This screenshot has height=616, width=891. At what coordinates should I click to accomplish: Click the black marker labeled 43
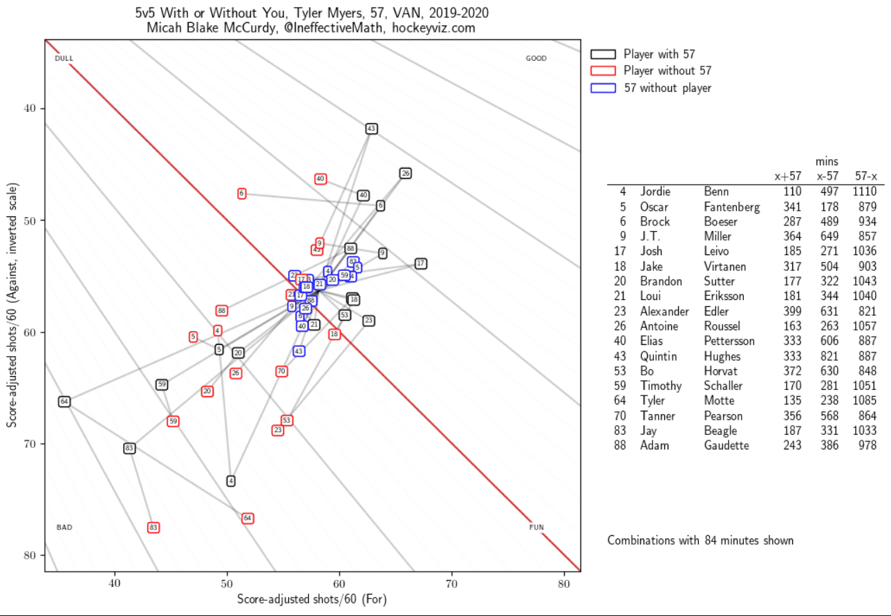coord(371,129)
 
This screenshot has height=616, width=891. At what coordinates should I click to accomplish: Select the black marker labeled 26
coord(406,174)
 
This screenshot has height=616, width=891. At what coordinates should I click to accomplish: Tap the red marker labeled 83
coord(153,528)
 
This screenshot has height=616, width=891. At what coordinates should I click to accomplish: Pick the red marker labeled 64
coord(247,519)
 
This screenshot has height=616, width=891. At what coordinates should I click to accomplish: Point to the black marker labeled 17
coord(420,263)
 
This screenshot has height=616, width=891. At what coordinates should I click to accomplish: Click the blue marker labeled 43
coord(299,351)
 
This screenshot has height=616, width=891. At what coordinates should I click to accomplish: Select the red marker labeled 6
coord(242,194)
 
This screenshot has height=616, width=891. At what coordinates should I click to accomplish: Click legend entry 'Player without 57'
coord(667,71)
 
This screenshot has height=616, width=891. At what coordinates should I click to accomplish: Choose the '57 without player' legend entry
coord(667,88)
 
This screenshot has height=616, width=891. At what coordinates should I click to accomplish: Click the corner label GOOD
coord(536,59)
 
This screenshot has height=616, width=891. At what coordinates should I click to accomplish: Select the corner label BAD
coord(64,528)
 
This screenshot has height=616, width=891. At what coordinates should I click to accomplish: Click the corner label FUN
coord(536,528)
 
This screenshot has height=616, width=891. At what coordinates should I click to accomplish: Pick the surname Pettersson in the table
coord(729,341)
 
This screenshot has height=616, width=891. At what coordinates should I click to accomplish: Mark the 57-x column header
coord(866,176)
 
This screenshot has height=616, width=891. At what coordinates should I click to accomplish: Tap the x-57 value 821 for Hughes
coord(827,356)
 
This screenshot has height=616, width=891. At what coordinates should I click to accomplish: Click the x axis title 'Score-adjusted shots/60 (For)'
coord(312,599)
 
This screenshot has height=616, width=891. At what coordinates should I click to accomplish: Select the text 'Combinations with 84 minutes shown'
coord(700,541)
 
